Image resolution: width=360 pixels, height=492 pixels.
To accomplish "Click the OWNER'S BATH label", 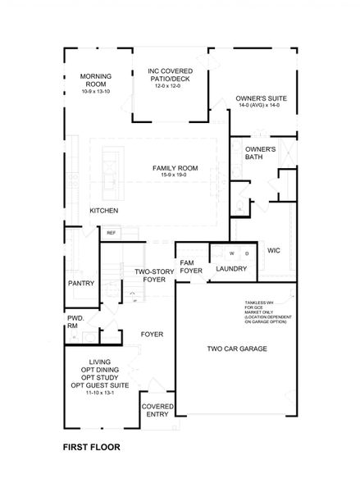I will click(260, 153).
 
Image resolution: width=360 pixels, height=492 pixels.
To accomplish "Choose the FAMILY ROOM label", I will click(175, 168).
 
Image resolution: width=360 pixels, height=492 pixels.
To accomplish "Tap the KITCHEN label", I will click(104, 211).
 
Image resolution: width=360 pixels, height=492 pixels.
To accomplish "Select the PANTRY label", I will click(81, 283).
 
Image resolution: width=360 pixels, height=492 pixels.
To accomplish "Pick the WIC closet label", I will click(274, 250).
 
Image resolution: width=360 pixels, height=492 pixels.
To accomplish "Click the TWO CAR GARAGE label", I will click(236, 348).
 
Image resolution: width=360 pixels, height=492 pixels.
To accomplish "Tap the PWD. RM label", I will click(74, 322).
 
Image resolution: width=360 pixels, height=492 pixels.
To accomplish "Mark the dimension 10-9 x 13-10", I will click(96, 92).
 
